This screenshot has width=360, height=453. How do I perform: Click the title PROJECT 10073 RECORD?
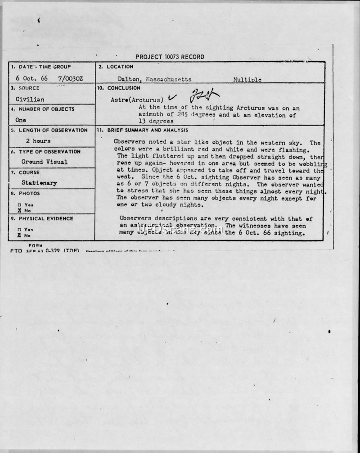click(x=170, y=57)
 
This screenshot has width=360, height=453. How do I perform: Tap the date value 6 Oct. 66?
click(x=32, y=78)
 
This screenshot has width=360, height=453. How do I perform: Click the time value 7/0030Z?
click(x=70, y=78)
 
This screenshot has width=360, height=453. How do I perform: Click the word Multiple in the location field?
click(x=247, y=80)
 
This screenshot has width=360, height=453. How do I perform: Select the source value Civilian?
click(x=30, y=99)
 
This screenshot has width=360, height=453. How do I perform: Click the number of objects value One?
click(x=21, y=120)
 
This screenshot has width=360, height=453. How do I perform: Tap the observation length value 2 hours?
click(x=38, y=141)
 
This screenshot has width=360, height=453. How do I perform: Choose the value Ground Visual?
click(x=45, y=162)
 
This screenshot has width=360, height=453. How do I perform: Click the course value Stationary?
click(x=39, y=183)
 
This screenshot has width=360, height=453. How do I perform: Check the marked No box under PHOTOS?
click(x=19, y=210)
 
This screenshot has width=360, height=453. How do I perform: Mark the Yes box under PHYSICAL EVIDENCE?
click(x=19, y=229)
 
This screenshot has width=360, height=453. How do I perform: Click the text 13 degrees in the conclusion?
click(x=156, y=121)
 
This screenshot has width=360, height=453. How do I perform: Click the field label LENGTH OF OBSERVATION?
click(x=53, y=130)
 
